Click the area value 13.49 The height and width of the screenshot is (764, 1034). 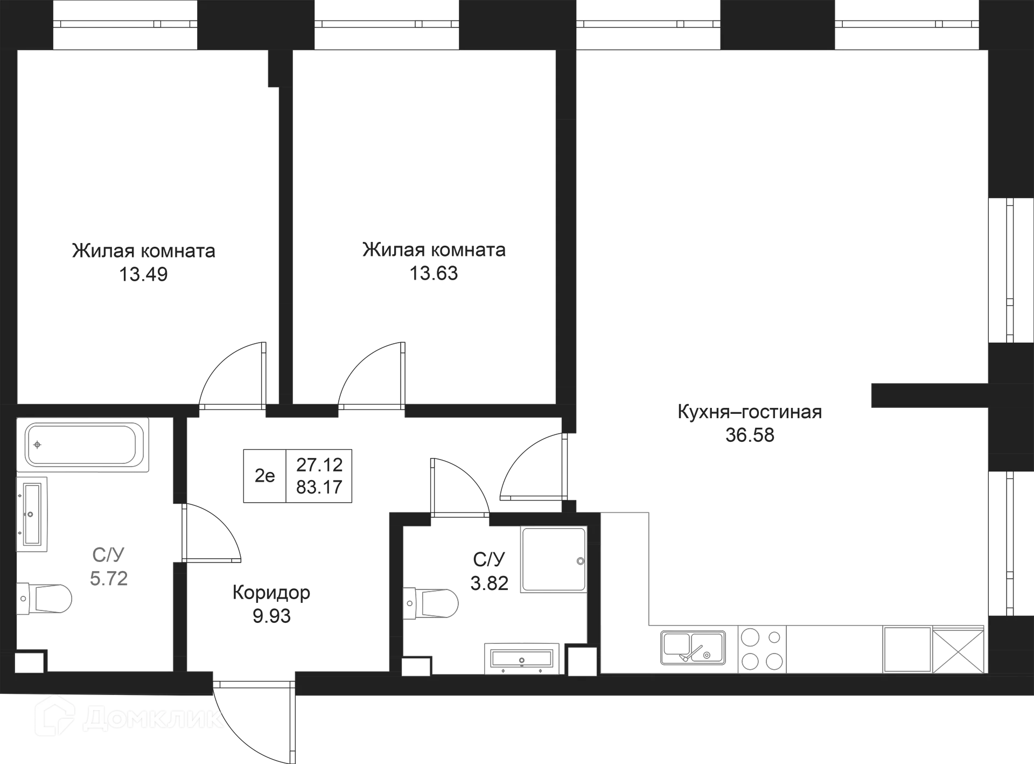click(x=143, y=274)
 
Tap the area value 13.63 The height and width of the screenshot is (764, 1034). click(x=434, y=273)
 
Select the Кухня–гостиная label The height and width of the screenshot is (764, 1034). click(x=750, y=412)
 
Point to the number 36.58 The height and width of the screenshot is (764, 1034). click(x=750, y=435)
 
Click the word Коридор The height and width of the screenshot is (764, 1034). click(x=271, y=593)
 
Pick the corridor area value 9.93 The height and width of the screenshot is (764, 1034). click(x=271, y=616)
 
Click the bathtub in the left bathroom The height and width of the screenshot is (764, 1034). click(x=82, y=444)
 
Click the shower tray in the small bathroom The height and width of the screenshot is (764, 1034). click(x=554, y=560)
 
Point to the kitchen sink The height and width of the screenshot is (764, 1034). click(x=693, y=647)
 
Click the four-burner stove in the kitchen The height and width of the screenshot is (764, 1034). click(x=762, y=649)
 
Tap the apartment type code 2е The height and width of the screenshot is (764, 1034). click(x=264, y=476)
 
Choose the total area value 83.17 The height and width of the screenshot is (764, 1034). click(x=319, y=487)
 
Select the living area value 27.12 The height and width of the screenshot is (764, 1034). click(x=319, y=464)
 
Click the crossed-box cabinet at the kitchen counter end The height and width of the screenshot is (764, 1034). click(x=958, y=649)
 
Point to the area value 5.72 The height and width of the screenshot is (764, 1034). click(x=109, y=579)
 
